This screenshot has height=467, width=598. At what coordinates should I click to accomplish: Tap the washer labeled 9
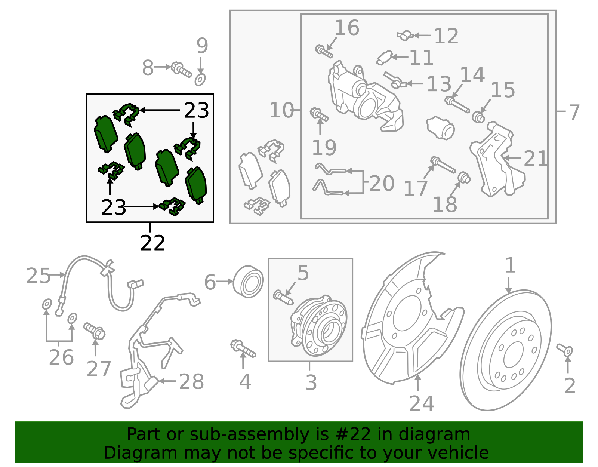pos(200,80)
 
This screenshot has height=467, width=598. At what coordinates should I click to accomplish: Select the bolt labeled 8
pos(181,70)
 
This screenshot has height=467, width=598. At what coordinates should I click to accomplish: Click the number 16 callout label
pos(347,28)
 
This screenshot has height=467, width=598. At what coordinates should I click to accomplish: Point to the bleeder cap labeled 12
pos(405,36)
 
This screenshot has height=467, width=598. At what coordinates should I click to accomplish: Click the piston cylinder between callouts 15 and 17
pos(440,128)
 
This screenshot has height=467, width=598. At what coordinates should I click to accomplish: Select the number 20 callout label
pos(382,184)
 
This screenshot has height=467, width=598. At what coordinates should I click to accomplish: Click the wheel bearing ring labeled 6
pos(248,281)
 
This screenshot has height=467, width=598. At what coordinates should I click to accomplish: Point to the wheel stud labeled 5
pos(283,298)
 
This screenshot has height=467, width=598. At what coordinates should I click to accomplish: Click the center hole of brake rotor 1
pos(513,354)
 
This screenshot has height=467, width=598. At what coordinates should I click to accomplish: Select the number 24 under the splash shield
pos(422,403)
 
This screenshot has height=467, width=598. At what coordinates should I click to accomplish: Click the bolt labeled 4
pos(243,349)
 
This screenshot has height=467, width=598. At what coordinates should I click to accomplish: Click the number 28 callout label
pos(191,382)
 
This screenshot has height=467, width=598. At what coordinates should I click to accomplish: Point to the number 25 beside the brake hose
pos(38,276)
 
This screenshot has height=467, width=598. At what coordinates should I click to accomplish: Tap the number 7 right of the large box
pos(574,112)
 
